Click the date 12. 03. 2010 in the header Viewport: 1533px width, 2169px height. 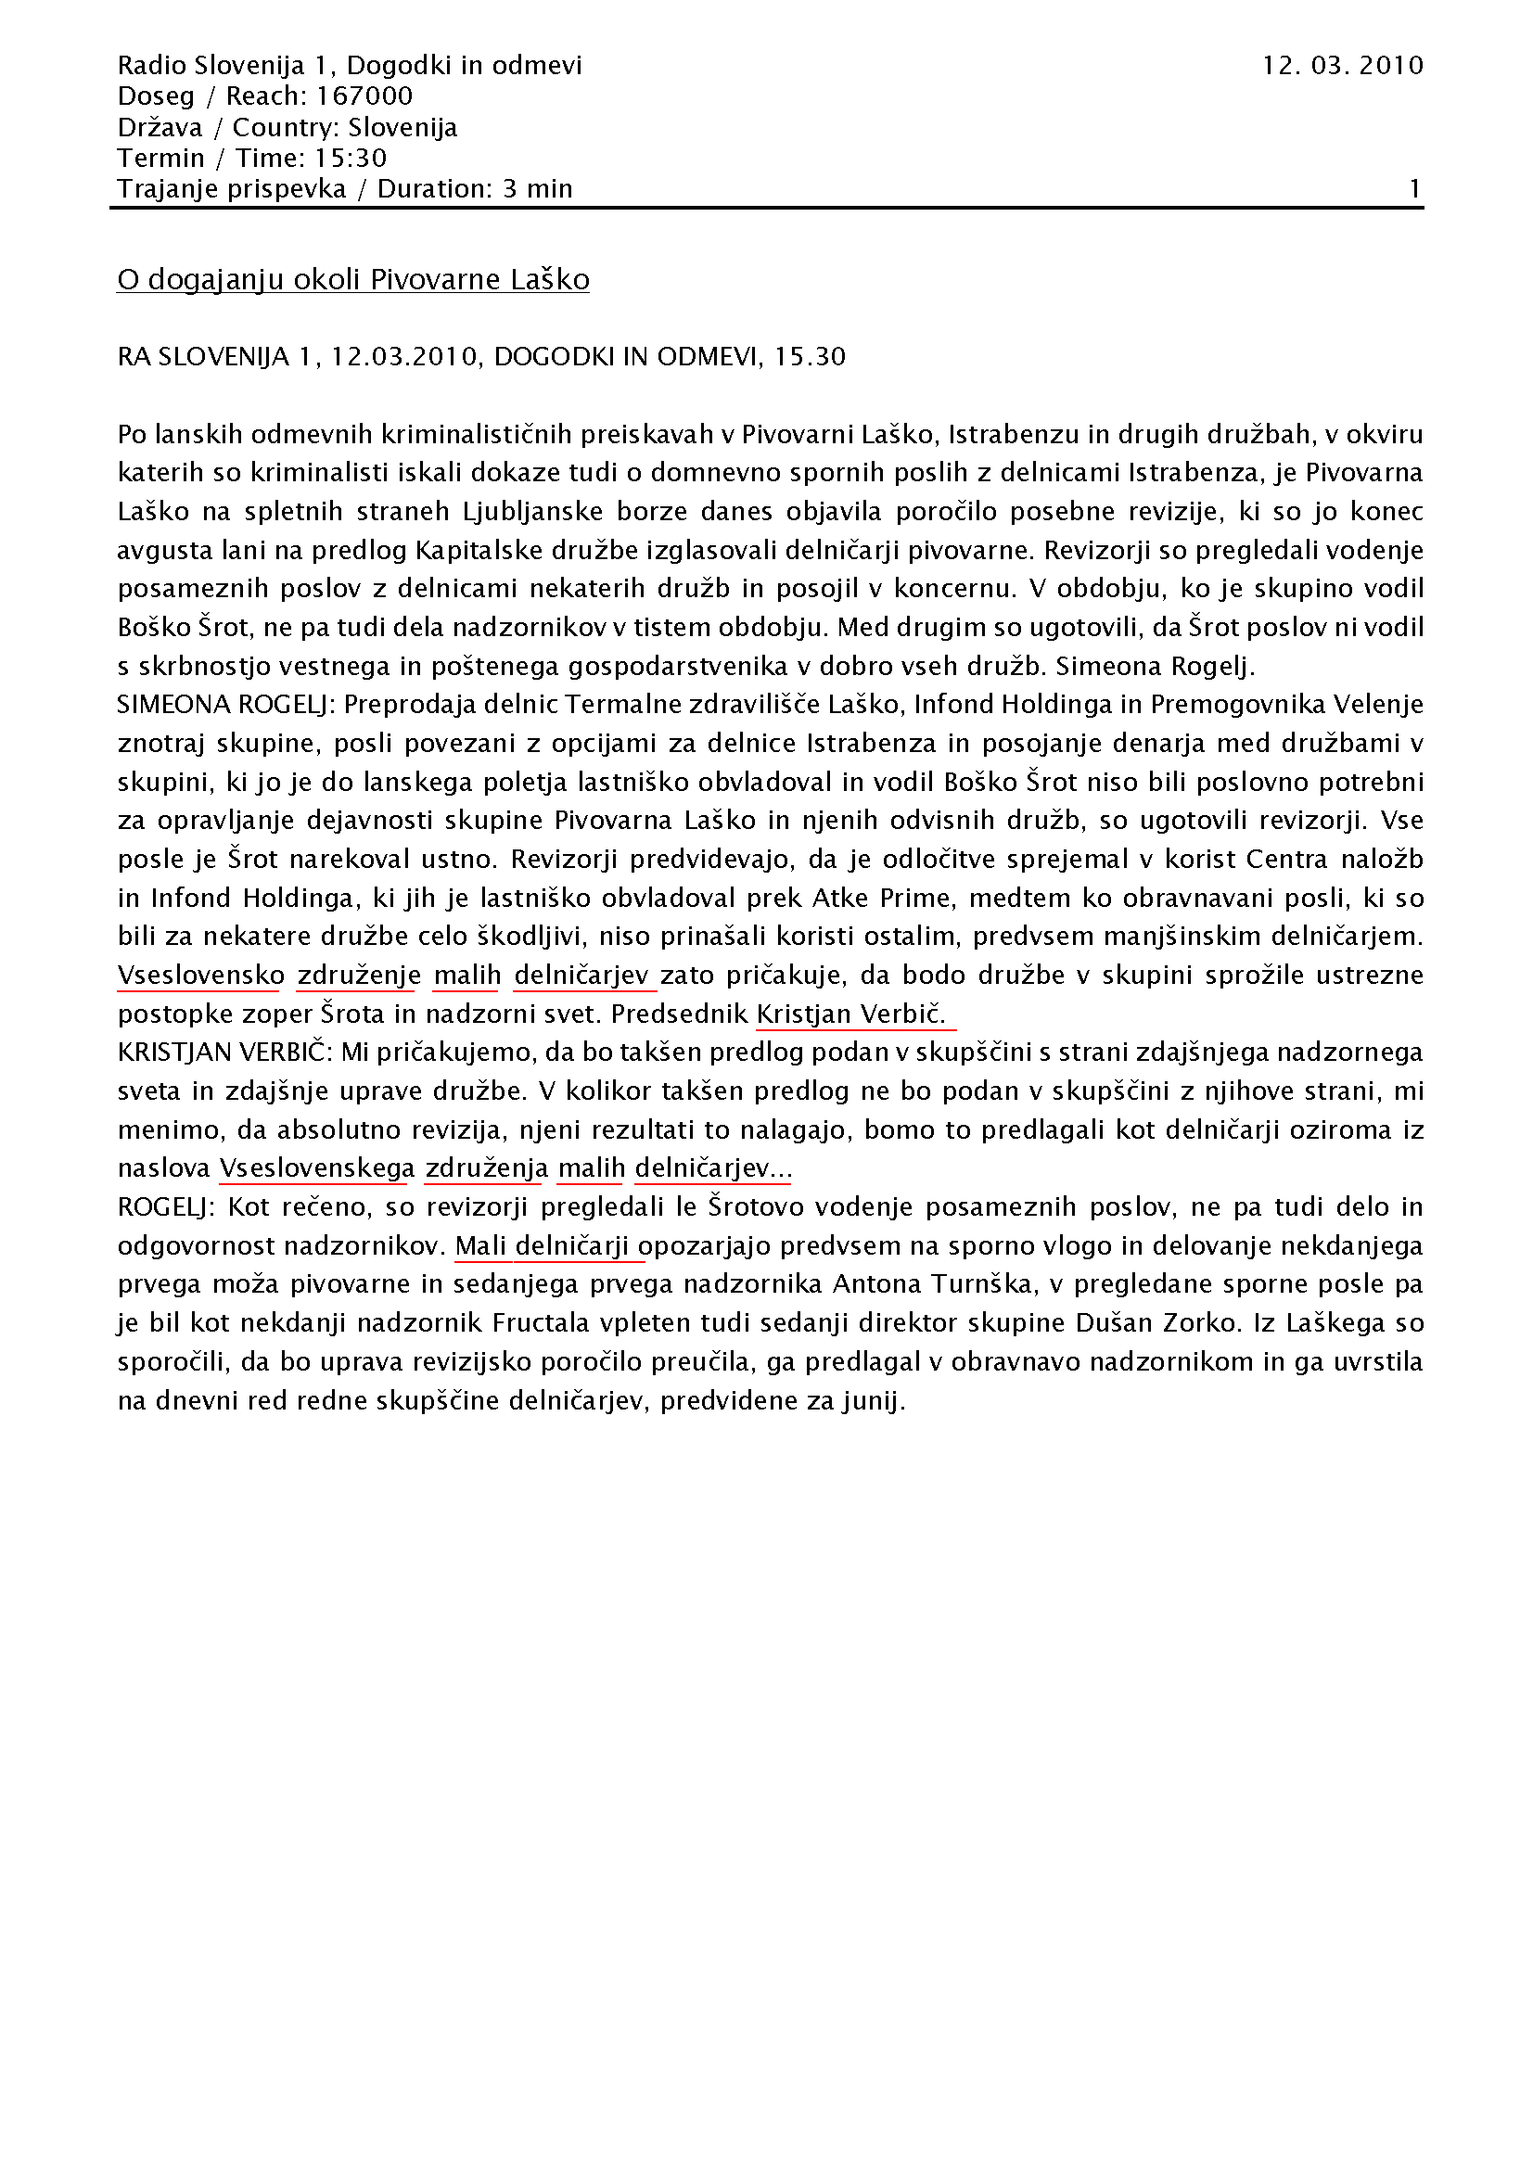(1342, 65)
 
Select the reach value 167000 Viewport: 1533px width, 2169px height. (364, 96)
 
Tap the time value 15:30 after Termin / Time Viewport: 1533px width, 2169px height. (351, 158)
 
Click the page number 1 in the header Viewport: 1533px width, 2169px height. (1414, 189)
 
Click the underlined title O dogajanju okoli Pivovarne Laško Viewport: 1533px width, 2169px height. (353, 280)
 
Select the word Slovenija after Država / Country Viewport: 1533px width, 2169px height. (402, 128)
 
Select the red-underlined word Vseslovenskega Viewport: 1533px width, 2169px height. (316, 1168)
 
